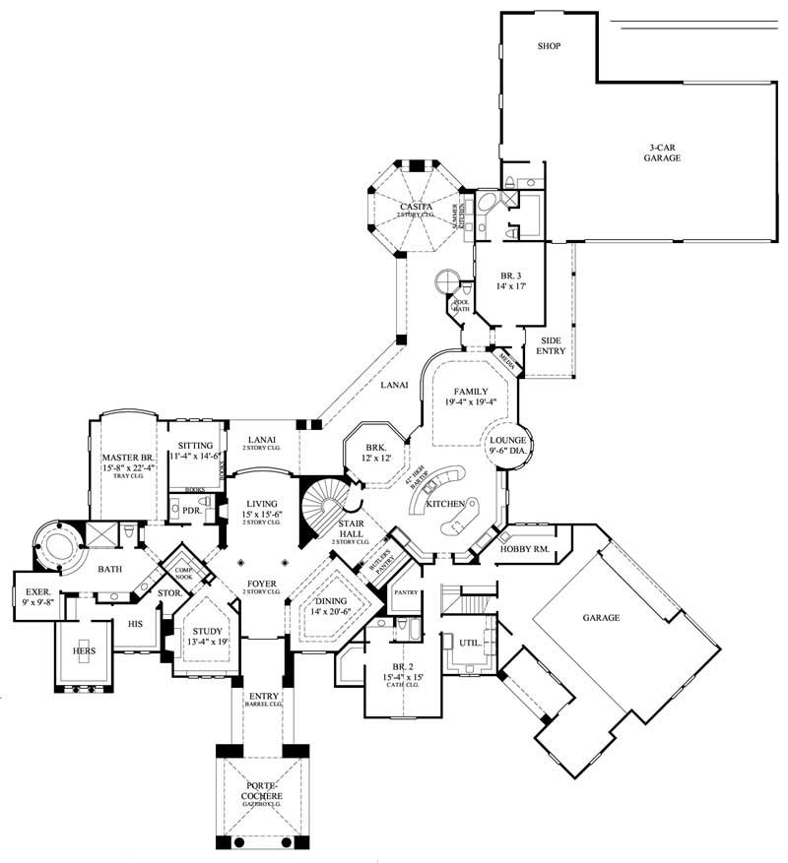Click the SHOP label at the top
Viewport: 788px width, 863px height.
click(x=550, y=46)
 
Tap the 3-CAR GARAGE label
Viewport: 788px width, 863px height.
click(x=663, y=152)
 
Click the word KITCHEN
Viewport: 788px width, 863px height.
click(x=446, y=503)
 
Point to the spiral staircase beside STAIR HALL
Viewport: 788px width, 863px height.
click(x=321, y=507)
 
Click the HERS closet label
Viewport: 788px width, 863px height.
click(x=84, y=650)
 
